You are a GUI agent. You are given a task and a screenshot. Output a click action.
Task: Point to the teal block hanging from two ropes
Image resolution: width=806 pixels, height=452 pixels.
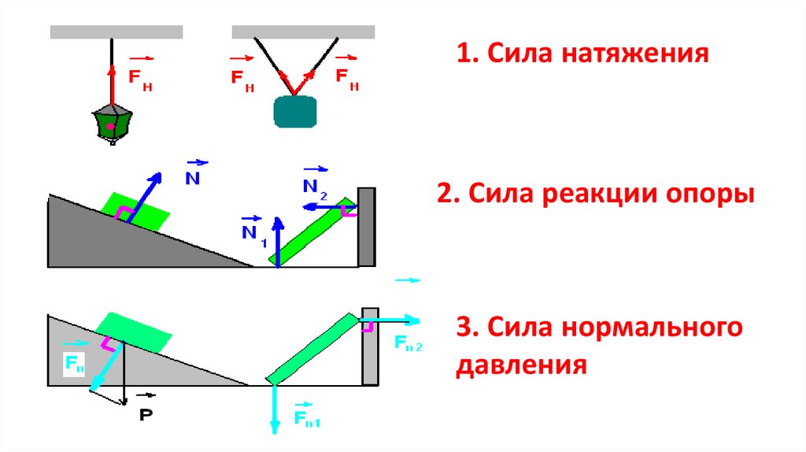pos(294,111)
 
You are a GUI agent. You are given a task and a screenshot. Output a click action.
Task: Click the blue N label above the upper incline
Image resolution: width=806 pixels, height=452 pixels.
pos(193,177)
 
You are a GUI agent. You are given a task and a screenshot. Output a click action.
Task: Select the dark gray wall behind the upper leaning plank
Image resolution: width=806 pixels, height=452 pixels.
pos(366,227)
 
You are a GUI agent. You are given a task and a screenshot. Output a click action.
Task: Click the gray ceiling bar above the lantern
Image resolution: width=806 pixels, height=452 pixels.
pos(116,32)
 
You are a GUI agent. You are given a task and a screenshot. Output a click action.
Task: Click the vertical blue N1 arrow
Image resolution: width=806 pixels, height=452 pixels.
pos(278,241)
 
